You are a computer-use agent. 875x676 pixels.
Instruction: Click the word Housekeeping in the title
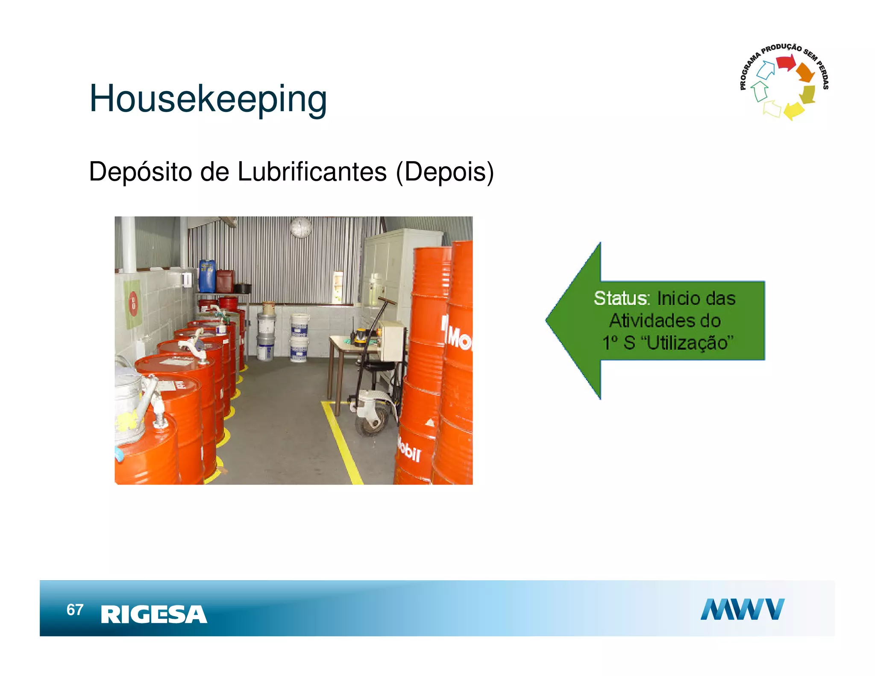point(208,99)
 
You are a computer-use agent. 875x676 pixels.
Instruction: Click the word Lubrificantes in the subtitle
point(311,172)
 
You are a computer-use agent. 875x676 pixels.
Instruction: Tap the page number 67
point(75,609)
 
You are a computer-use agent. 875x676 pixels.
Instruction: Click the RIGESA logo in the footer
point(154,614)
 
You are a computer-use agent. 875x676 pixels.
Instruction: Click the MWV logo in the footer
point(742,609)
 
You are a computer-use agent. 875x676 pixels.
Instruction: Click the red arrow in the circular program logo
point(785,63)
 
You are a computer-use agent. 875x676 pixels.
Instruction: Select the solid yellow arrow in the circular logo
point(794,110)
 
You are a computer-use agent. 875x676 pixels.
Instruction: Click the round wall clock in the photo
point(301,227)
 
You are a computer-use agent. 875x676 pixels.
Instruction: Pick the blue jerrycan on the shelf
point(207,276)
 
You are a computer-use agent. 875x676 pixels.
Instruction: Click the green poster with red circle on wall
point(132,303)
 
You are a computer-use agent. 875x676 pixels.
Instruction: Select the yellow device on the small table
point(361,335)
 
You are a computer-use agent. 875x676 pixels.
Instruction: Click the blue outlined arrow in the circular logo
point(766,70)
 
